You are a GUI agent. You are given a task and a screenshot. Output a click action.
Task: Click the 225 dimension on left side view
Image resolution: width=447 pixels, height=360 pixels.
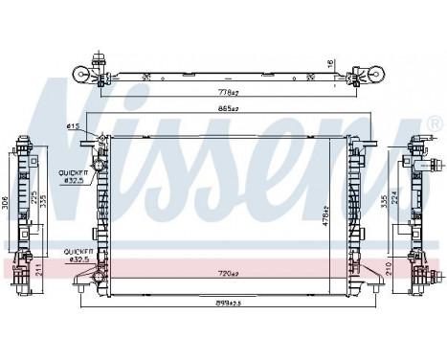point(36,199)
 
